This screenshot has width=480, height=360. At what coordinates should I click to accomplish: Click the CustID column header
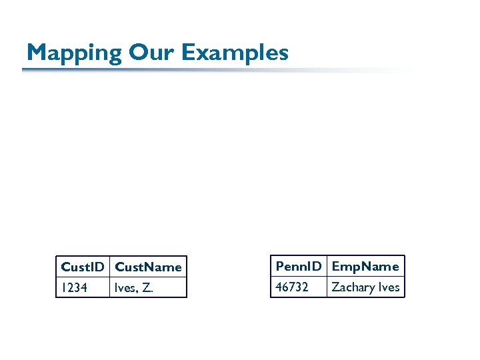pos(82,267)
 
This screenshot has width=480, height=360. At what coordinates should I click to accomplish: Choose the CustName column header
pos(148,267)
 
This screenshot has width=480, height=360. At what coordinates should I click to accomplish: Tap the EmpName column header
pos(365,266)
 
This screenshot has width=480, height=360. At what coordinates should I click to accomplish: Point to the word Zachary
pos(353,287)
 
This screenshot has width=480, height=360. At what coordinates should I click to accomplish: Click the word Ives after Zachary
pos(389,287)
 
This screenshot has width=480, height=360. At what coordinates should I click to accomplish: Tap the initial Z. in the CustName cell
pos(147,288)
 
